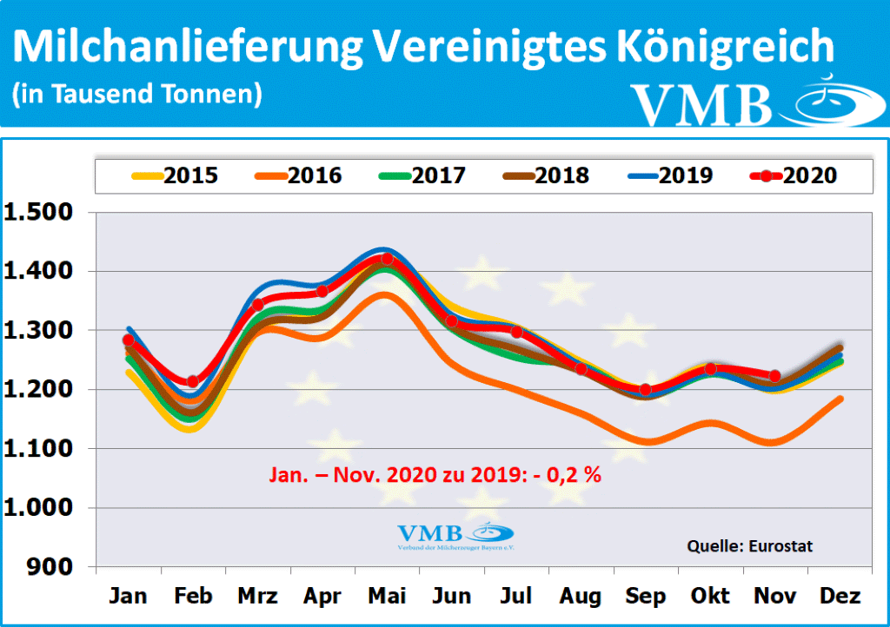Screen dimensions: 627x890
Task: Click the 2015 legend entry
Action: click(175, 175)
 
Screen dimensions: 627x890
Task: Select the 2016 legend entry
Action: click(298, 175)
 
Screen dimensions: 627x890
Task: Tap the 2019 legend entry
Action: click(669, 175)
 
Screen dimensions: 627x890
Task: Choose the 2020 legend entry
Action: click(794, 175)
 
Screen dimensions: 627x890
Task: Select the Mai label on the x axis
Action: click(387, 596)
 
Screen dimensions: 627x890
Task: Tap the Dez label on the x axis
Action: click(840, 596)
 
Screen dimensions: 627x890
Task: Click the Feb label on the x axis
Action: click(193, 596)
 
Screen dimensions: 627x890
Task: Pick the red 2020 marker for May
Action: click(387, 259)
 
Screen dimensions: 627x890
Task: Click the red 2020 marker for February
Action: click(193, 381)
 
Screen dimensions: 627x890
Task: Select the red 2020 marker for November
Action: click(775, 376)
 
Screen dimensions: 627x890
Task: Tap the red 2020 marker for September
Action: click(645, 389)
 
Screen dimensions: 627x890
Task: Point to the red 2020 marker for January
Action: click(129, 340)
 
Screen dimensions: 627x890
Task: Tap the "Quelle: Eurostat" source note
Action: click(750, 545)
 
